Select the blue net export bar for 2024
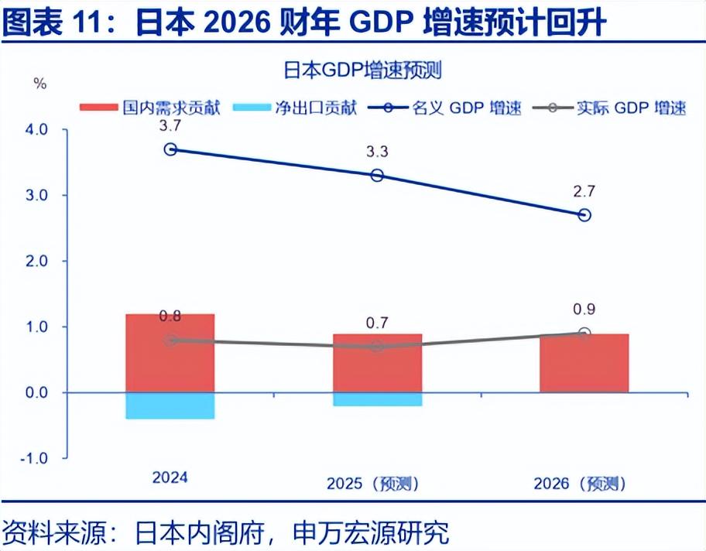point(170,406)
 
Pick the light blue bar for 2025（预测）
point(377,399)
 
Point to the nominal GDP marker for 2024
point(170,149)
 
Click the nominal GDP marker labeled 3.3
point(377,176)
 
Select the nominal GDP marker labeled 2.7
point(584,214)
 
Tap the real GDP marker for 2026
point(584,334)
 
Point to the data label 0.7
point(377,323)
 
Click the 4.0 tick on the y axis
point(36,130)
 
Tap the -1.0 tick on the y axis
point(35,458)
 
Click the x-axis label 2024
point(170,477)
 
